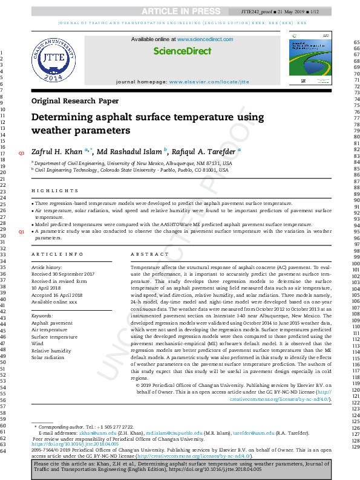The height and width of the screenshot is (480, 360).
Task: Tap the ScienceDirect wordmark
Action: [182, 52]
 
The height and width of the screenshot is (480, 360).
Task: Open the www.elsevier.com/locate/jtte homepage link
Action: [209, 81]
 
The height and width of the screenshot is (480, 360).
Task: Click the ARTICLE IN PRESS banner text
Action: [179, 11]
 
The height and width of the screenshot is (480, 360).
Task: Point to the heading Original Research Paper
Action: [74, 101]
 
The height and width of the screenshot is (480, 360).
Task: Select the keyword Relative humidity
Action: [51, 350]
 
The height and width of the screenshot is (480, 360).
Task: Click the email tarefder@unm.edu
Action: [252, 433]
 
